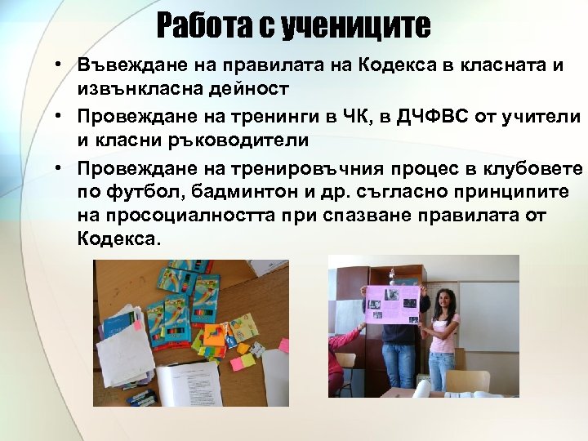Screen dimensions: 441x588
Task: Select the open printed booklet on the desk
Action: pyautogui.click(x=188, y=383)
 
